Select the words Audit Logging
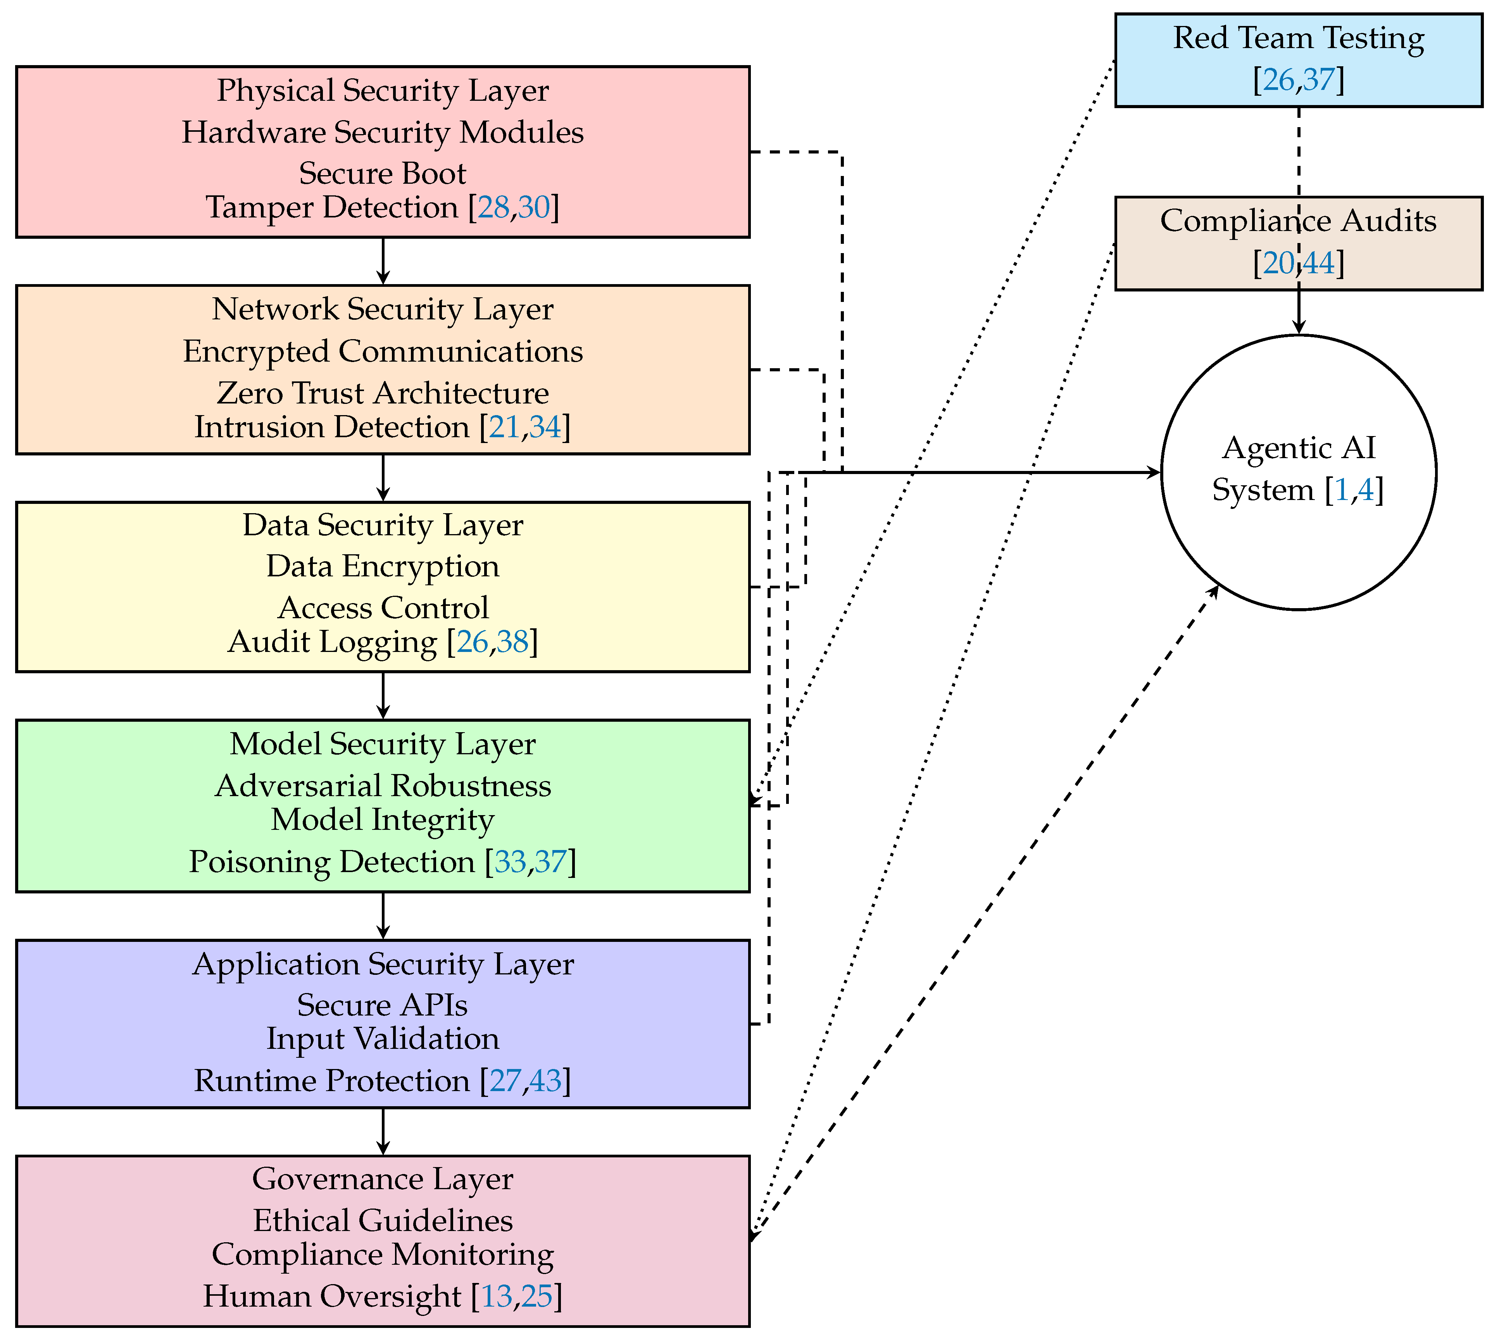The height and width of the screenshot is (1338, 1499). coord(331,642)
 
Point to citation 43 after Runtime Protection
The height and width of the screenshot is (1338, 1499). coord(545,1081)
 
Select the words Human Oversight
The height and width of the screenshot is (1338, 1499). coord(331,1296)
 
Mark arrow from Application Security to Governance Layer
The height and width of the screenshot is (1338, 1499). coord(383,1132)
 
